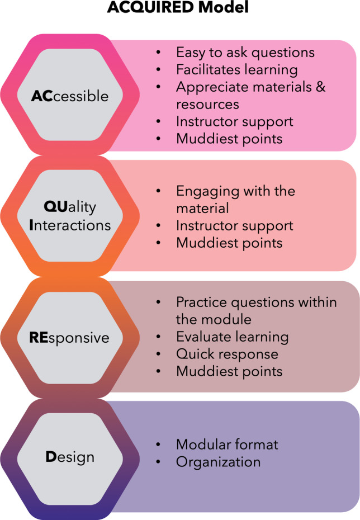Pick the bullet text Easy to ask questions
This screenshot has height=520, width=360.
[245, 53]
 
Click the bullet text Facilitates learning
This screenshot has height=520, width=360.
[236, 70]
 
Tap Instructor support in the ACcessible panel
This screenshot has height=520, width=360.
[235, 121]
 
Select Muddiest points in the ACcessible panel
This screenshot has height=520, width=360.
[229, 139]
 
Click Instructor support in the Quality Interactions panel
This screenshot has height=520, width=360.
[235, 225]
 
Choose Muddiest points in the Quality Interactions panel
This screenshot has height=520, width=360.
[229, 243]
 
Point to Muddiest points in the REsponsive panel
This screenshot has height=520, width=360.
[229, 371]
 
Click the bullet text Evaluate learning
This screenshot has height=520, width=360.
[233, 337]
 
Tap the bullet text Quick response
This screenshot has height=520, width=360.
[227, 354]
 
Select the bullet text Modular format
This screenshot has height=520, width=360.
[227, 445]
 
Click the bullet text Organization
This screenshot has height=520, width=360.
[219, 462]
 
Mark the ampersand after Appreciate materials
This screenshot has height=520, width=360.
[320, 87]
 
